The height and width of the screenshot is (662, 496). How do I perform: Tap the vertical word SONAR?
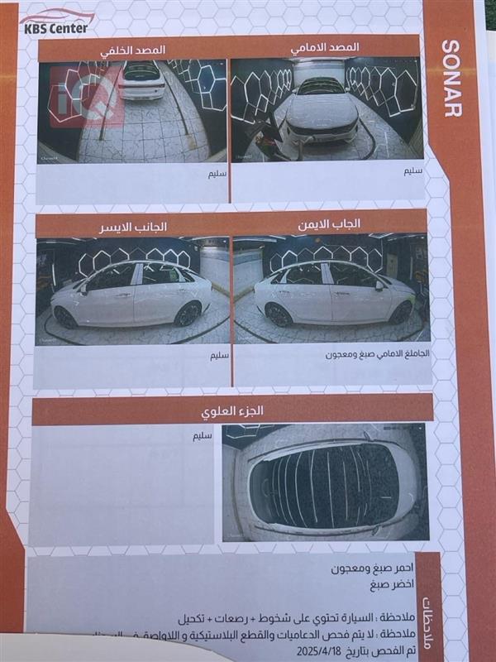[x=451, y=78]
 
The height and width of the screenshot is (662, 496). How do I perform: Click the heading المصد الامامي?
[x=325, y=48]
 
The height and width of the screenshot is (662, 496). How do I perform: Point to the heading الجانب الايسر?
[x=133, y=226]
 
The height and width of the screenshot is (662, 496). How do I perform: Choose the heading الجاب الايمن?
[x=331, y=224]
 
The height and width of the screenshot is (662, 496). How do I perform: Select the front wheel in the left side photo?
[x=188, y=314]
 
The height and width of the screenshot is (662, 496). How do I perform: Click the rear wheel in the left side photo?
[x=66, y=317]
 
